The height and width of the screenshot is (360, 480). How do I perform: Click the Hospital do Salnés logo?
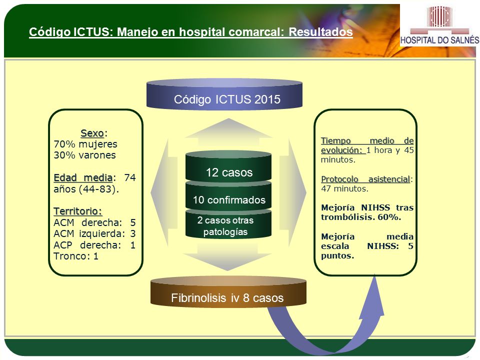[439, 25]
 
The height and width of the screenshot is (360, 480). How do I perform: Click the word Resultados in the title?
[320, 32]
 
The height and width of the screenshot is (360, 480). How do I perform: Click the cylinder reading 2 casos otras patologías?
[228, 224]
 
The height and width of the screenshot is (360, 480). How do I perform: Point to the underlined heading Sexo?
[92, 133]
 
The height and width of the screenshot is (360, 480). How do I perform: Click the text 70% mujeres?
[85, 144]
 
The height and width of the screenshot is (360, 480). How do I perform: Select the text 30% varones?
[85, 155]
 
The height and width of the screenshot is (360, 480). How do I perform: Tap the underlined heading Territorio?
[78, 211]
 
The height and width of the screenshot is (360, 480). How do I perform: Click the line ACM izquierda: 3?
[94, 234]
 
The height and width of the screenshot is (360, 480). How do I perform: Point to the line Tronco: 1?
[76, 256]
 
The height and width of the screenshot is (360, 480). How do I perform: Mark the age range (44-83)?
[98, 189]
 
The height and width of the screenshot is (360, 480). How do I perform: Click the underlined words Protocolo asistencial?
[365, 179]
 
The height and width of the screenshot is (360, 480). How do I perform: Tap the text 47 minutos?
[344, 188]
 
